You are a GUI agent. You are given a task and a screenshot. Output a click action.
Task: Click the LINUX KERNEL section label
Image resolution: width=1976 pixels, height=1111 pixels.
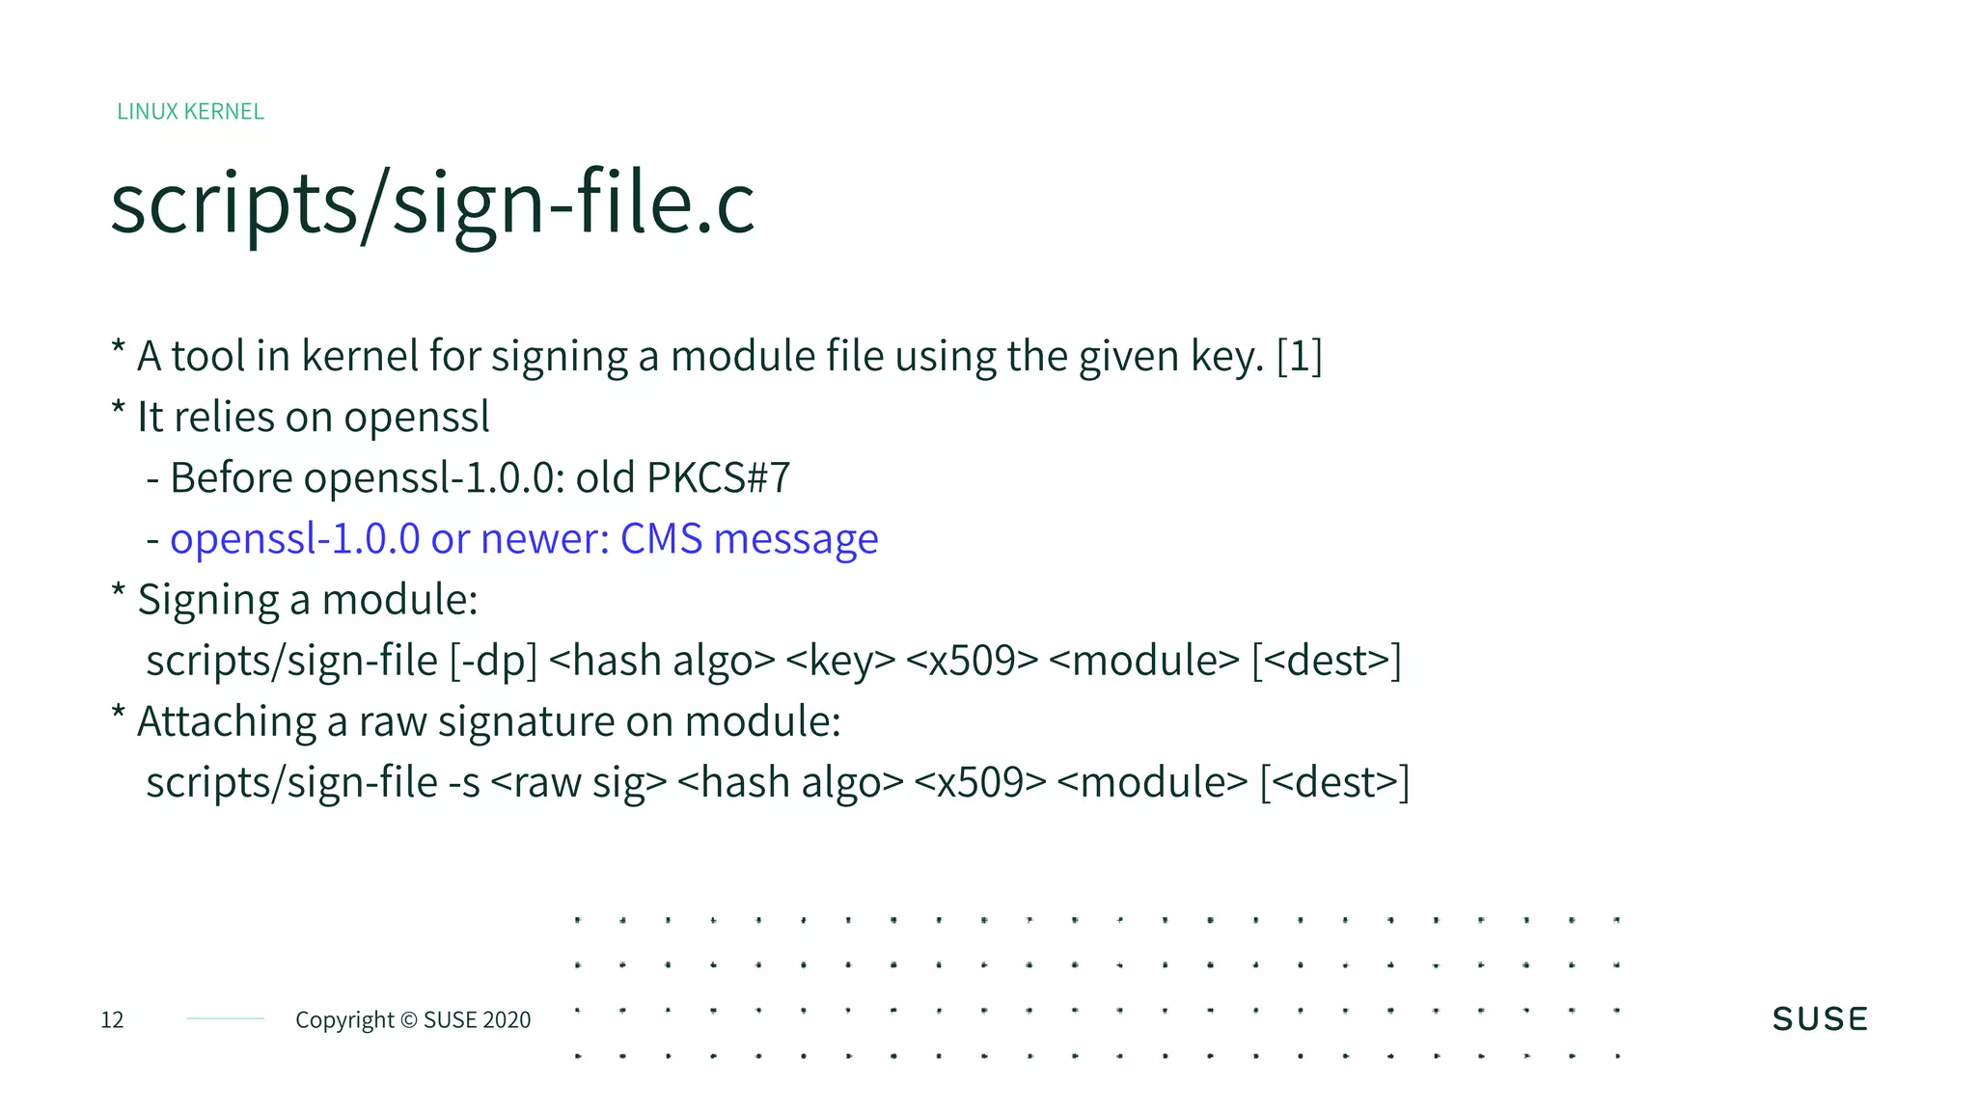(190, 112)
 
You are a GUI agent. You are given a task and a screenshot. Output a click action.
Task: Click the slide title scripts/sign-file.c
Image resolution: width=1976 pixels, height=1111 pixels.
(432, 204)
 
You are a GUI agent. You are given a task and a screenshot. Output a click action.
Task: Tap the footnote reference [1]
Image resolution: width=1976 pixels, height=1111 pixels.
(1299, 356)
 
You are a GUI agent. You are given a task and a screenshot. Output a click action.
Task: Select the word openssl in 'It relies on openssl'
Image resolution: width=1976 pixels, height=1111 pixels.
(417, 418)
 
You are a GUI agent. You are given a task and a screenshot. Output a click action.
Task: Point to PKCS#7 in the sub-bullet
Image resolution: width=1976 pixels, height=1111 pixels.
(718, 478)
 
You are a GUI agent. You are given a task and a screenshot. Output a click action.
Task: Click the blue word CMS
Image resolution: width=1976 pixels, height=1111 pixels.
(661, 539)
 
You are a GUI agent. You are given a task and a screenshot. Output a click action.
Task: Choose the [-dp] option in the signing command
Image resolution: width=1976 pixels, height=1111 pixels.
(493, 662)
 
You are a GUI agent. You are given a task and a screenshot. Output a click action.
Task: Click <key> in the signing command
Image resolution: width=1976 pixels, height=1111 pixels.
(840, 662)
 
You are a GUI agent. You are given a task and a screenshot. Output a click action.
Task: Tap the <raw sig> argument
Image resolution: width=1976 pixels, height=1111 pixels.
(579, 783)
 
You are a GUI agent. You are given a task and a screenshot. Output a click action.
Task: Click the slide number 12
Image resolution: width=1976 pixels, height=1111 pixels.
(112, 1020)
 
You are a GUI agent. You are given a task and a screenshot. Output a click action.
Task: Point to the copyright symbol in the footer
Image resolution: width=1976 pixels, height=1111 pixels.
(408, 1020)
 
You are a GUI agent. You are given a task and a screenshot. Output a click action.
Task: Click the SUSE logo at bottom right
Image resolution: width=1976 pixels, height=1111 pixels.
(1820, 1019)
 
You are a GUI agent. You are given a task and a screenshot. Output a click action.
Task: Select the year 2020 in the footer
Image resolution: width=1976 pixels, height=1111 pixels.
(507, 1020)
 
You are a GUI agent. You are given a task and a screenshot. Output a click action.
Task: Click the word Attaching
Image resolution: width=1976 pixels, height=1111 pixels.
(227, 722)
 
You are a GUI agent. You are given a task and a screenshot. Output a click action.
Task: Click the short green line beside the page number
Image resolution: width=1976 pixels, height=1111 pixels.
(225, 1018)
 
